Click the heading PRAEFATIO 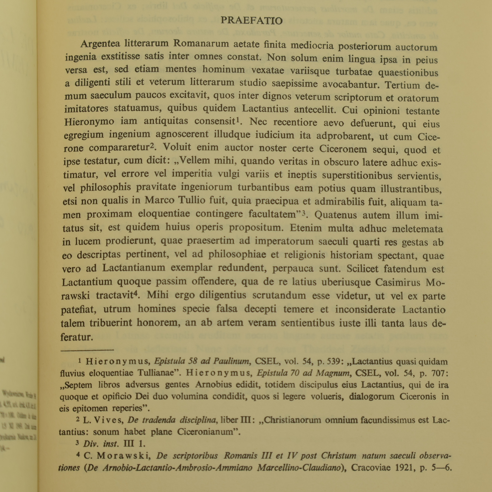pyautogui.click(x=252, y=21)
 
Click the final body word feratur pyautogui.click(x=77, y=337)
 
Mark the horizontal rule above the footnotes pyautogui.click(x=87, y=350)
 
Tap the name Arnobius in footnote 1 pyautogui.click(x=211, y=385)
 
